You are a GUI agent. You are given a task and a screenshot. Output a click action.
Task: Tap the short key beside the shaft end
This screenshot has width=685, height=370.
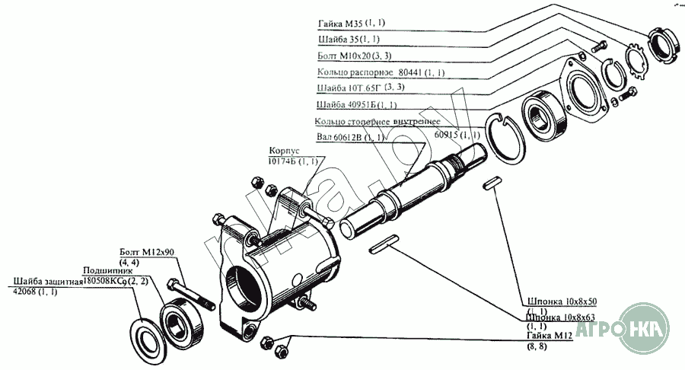(x=493, y=183)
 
